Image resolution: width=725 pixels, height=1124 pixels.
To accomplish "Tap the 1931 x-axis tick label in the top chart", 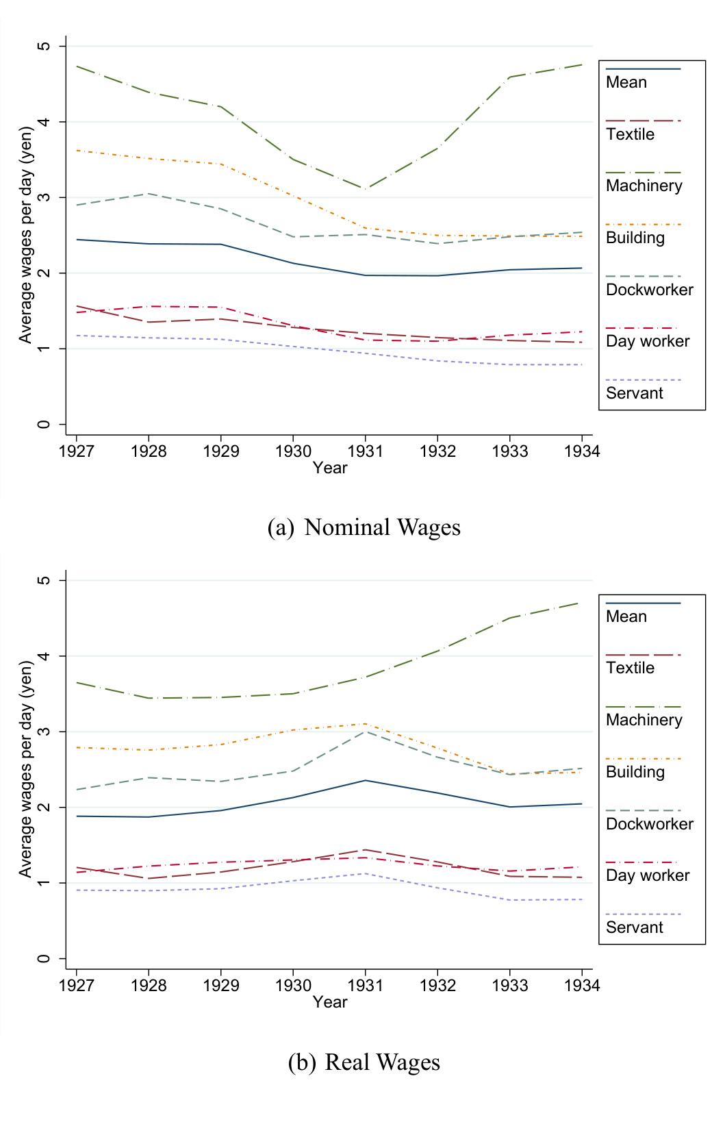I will pos(365,451).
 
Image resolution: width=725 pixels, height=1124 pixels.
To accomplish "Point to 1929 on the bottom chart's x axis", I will pos(220,986).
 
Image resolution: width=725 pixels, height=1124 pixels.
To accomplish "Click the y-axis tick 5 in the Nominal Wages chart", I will pos(44,46).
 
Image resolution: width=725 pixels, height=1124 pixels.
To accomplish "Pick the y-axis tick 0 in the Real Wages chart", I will pos(44,958).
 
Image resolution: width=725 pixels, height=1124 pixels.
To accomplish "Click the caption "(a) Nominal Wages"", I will pos(364,527).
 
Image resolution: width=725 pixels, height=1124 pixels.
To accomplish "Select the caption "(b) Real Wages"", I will pos(364,1062).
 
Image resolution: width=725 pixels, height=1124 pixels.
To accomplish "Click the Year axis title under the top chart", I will pos(330,468).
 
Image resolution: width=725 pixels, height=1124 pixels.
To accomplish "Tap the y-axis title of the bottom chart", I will pos(26,769).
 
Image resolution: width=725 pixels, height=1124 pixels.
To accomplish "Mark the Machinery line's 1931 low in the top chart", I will pos(366,189).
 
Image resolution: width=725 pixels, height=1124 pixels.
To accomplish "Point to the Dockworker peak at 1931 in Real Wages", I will pos(366,732).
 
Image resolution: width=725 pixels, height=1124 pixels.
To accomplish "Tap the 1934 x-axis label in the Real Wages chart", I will pos(581,986).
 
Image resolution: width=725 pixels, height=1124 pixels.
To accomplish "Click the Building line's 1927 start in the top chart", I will pos(77,150).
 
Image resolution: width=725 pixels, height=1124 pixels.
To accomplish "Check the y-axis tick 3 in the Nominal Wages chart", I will pos(44,197).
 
